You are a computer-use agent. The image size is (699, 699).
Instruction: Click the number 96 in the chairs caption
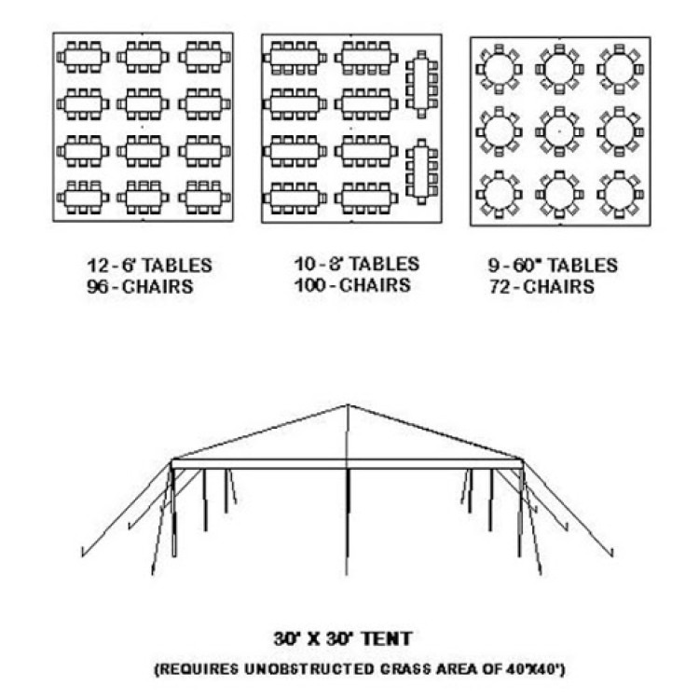pyautogui.click(x=97, y=287)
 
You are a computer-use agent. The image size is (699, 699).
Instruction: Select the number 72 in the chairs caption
pyautogui.click(x=500, y=287)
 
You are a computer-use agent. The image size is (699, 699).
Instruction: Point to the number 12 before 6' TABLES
pyautogui.click(x=98, y=266)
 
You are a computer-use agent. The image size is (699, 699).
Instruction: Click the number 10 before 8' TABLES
pyautogui.click(x=306, y=264)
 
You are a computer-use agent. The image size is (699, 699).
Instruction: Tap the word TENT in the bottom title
pyautogui.click(x=386, y=638)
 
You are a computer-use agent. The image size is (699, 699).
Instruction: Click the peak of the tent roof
pyautogui.click(x=348, y=405)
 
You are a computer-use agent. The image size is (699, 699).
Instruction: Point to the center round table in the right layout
pyautogui.click(x=559, y=131)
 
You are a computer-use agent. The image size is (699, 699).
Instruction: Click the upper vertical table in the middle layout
pyautogui.click(x=421, y=84)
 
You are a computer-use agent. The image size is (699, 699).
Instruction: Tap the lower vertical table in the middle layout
pyautogui.click(x=421, y=171)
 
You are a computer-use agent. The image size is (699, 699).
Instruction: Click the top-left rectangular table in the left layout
pyautogui.click(x=83, y=57)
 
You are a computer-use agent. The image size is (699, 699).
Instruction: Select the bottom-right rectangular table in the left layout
pyautogui.click(x=204, y=197)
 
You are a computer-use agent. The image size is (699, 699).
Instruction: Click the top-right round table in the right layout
pyautogui.click(x=620, y=70)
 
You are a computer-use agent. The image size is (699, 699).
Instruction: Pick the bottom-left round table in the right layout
pyautogui.click(x=499, y=195)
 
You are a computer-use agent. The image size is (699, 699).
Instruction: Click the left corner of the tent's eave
pyautogui.click(x=172, y=460)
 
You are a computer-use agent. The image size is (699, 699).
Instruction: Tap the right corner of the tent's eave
pyautogui.click(x=523, y=460)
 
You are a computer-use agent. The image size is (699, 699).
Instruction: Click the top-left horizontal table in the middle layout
pyautogui.click(x=295, y=58)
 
